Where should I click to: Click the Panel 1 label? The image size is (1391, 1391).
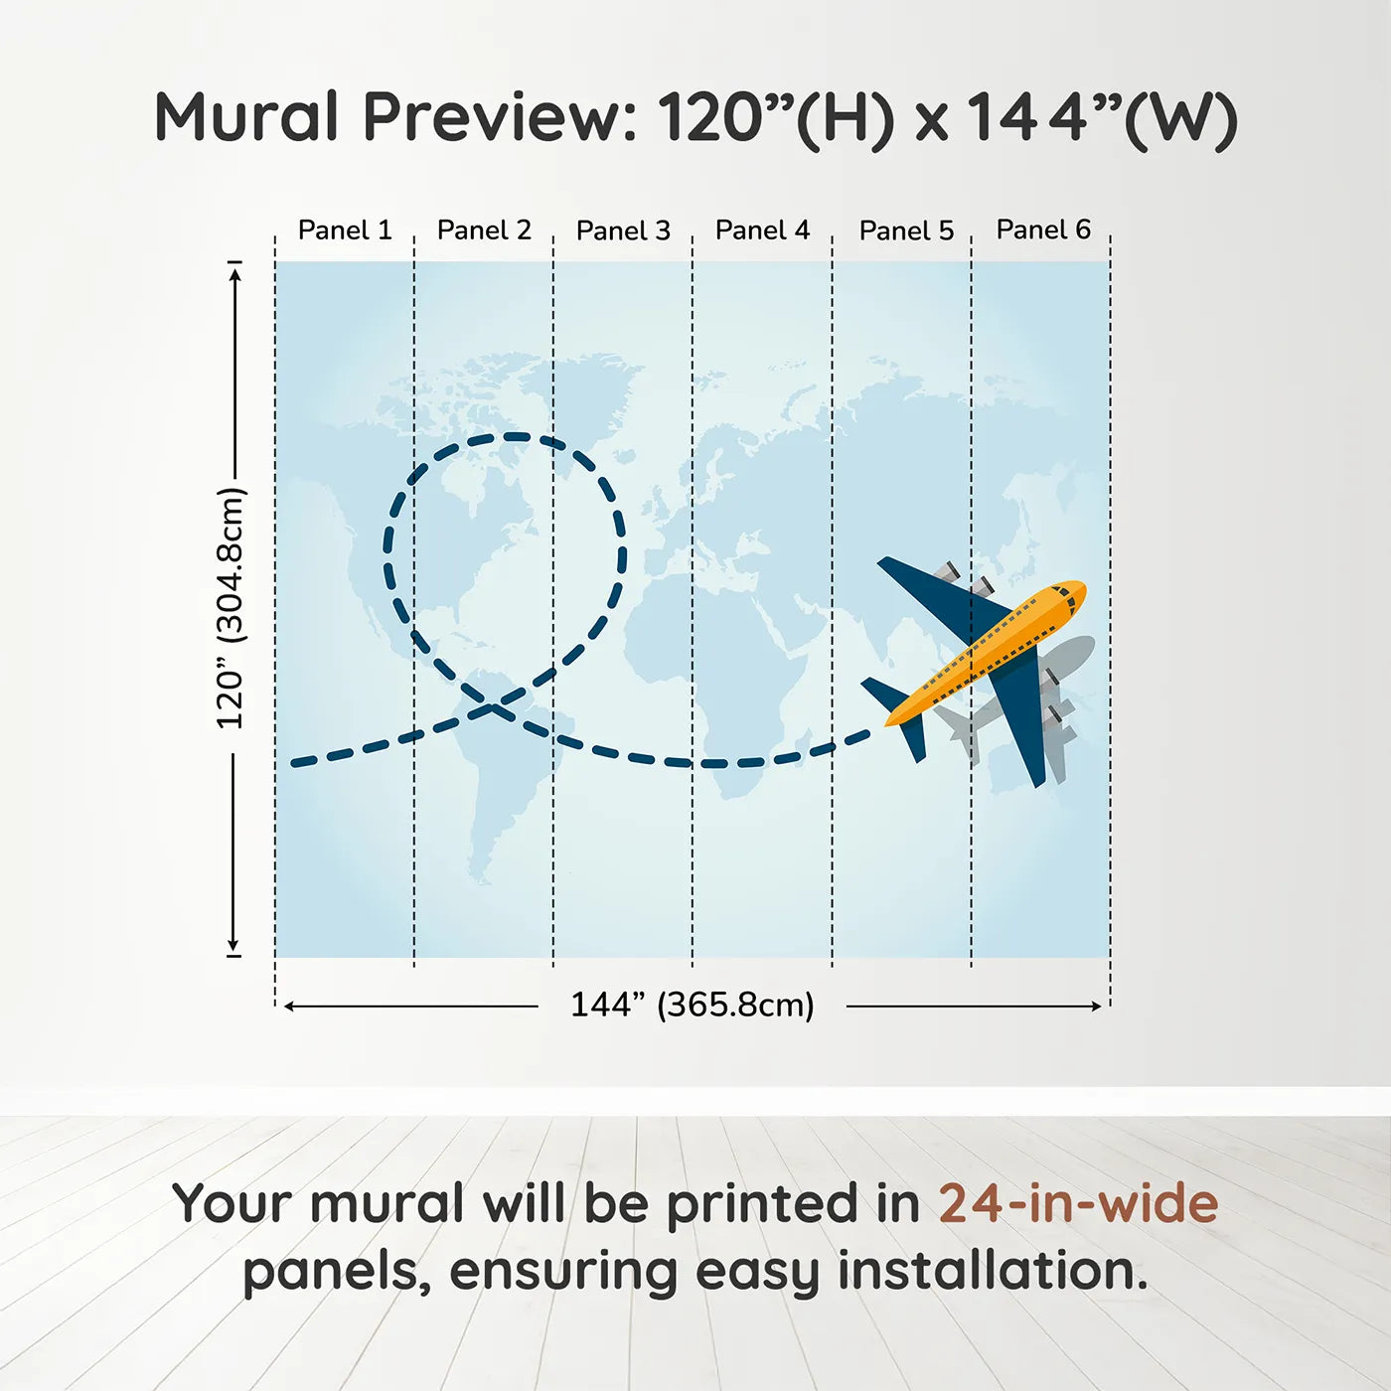point(345,231)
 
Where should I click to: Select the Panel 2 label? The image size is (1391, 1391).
point(484,231)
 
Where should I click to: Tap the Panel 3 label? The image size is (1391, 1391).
point(624,231)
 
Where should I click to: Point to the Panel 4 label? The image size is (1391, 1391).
point(763,231)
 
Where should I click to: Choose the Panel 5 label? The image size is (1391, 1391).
point(907,231)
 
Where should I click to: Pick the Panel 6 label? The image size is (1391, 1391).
point(1044,230)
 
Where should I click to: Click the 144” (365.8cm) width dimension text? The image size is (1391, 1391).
point(693,1005)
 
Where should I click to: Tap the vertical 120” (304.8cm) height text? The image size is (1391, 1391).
point(232,608)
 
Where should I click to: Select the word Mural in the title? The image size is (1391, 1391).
point(246,117)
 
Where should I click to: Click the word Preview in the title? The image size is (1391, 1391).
point(501,117)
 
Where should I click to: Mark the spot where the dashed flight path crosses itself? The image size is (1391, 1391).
point(494,706)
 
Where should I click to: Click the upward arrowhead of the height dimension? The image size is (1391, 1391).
point(234,273)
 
